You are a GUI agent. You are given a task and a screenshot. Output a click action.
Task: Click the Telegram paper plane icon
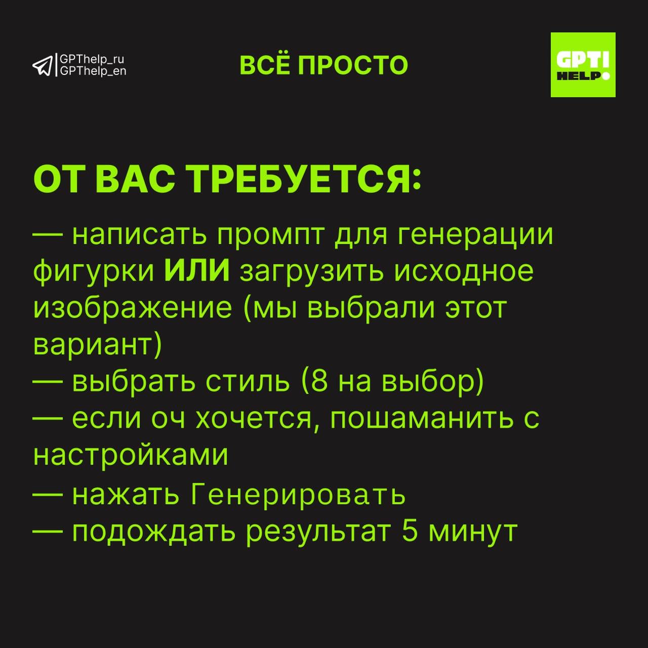(43, 66)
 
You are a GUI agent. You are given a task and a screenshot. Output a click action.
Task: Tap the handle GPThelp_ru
(92, 60)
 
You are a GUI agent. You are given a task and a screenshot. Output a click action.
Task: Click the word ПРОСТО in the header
(353, 65)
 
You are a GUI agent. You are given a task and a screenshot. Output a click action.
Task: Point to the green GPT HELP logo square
(583, 65)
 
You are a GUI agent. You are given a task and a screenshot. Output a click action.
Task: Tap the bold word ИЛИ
(197, 270)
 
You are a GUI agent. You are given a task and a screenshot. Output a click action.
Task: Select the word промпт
(271, 235)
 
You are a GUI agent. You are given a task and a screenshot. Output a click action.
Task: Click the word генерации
(475, 235)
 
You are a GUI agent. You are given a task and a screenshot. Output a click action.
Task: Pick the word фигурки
(94, 272)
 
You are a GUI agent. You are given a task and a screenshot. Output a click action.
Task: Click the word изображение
(133, 309)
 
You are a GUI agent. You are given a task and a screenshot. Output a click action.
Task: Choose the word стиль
(248, 382)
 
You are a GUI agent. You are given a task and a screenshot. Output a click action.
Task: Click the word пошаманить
(422, 419)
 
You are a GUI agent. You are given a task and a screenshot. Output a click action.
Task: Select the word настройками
(131, 455)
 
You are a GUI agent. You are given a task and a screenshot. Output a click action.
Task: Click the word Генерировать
(298, 495)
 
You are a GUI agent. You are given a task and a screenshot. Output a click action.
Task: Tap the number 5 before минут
(410, 532)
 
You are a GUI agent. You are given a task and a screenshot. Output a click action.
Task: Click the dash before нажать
(48, 494)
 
